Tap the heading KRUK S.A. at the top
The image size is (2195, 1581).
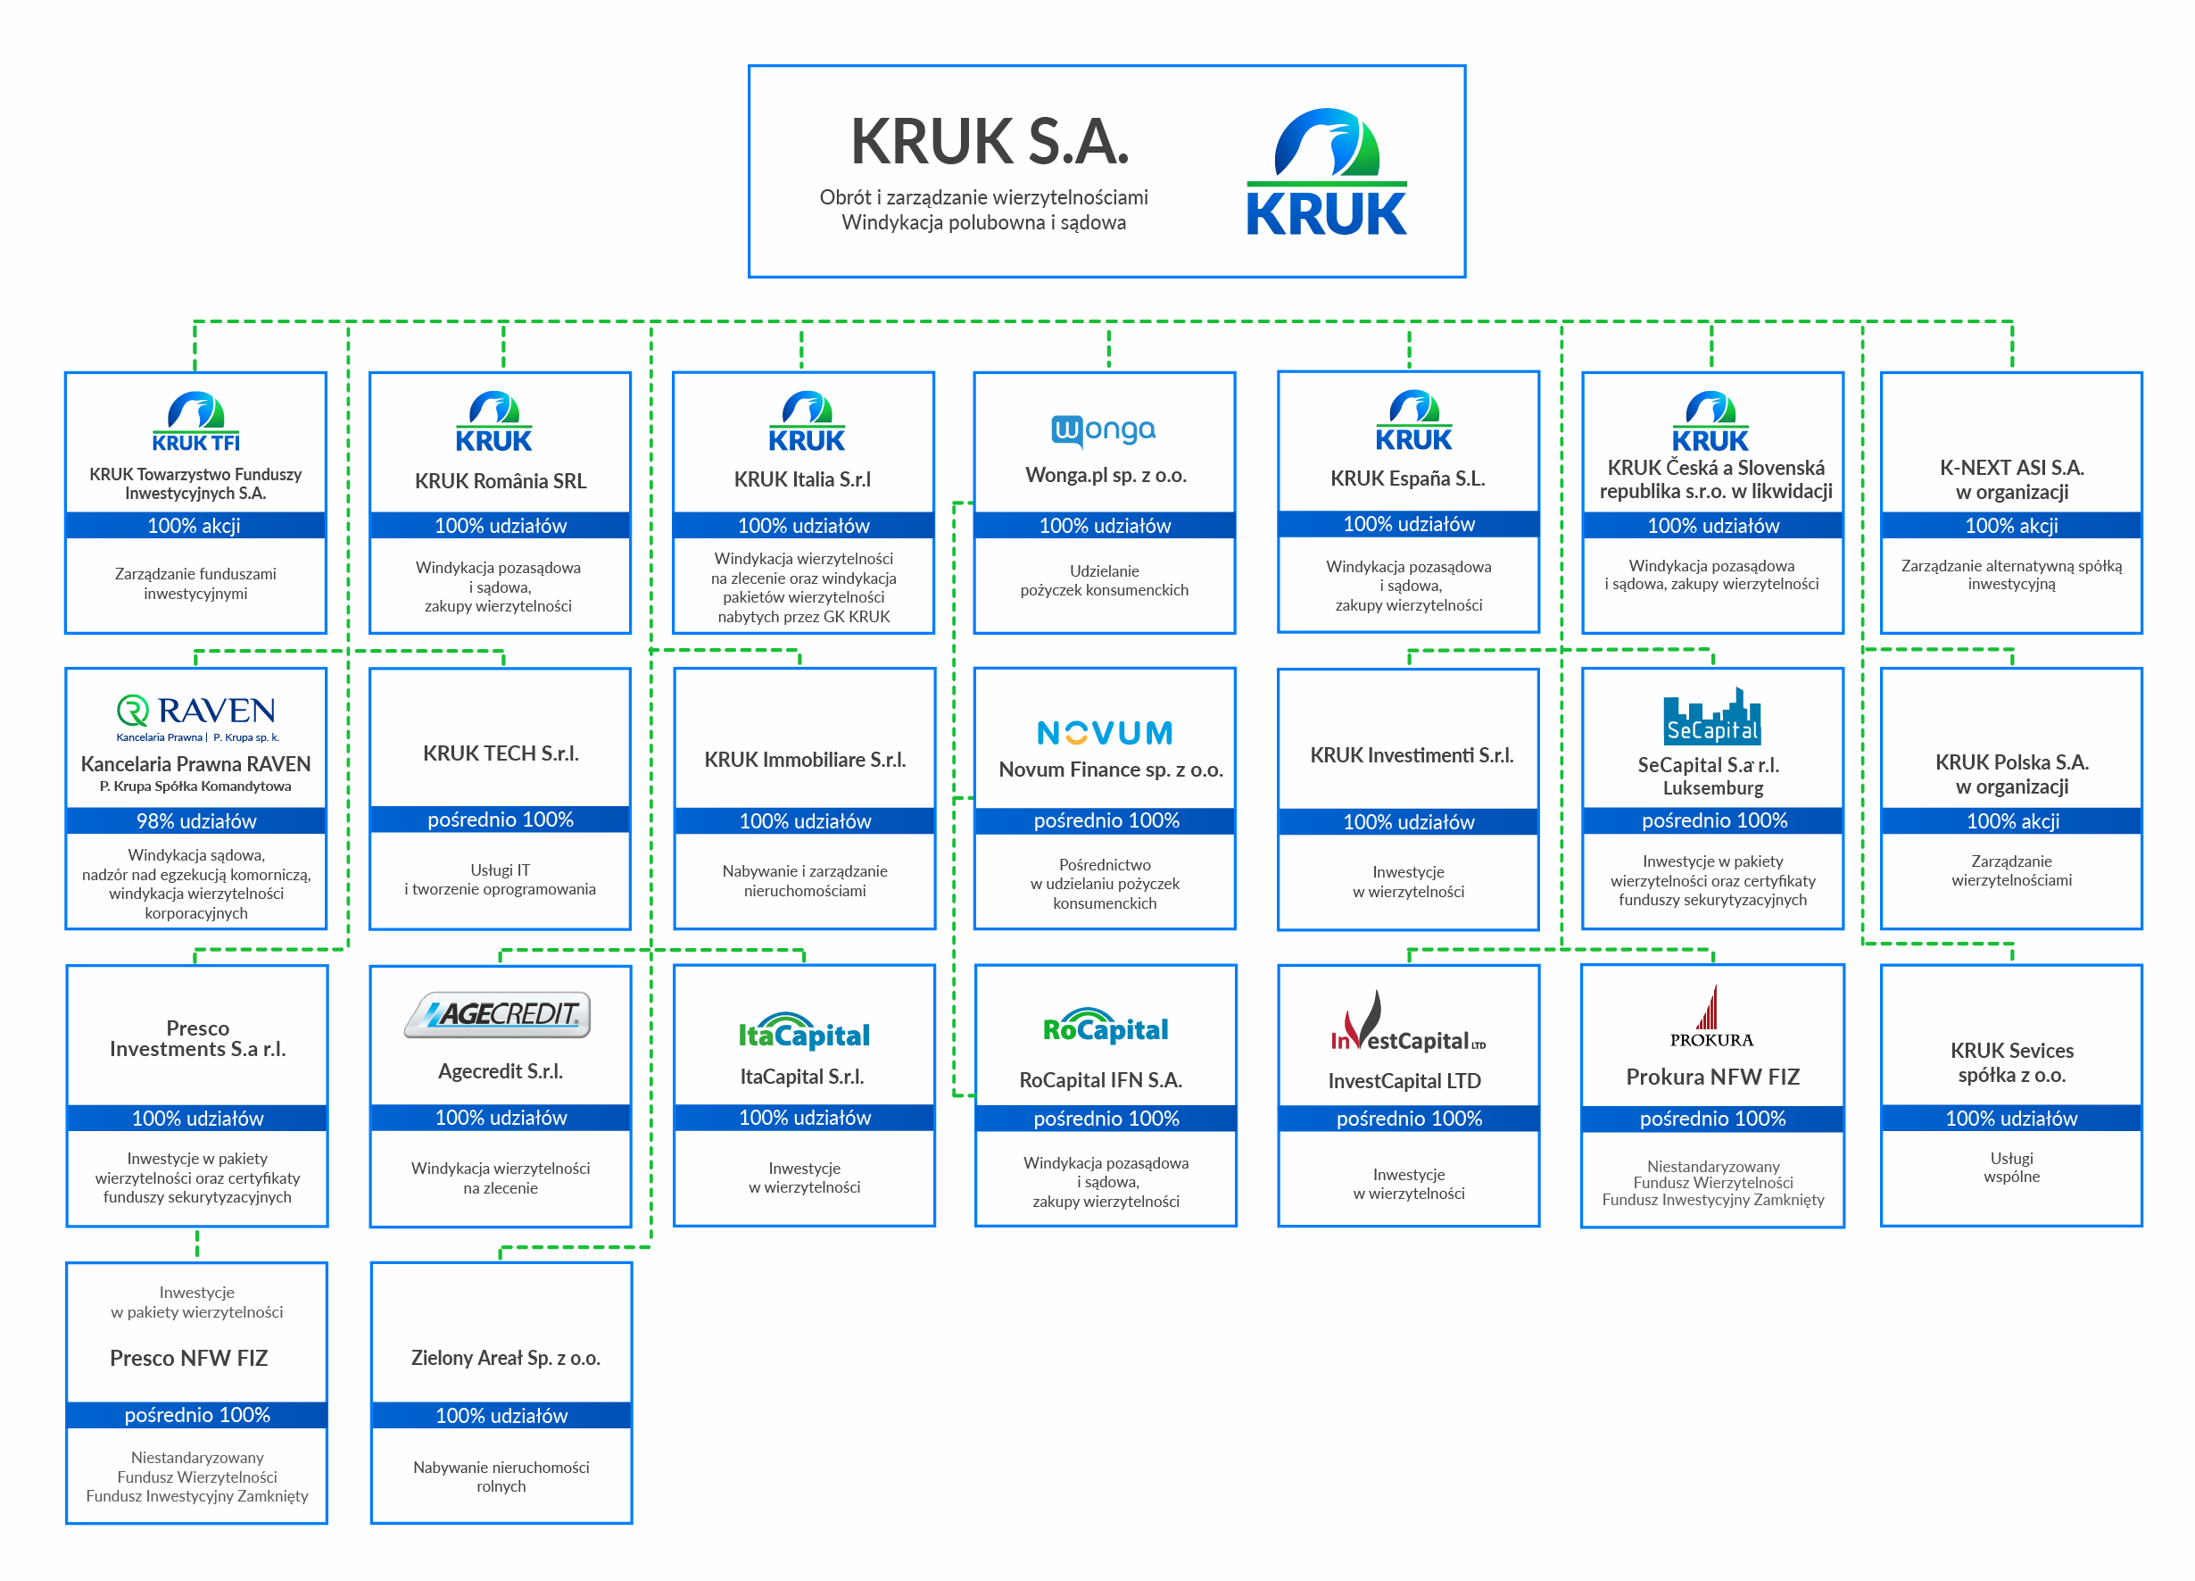(x=990, y=141)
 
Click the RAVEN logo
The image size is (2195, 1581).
(x=196, y=717)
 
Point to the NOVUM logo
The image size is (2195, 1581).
(x=1105, y=733)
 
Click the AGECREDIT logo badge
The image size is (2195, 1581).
(x=498, y=1015)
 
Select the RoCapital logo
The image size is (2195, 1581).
(x=1106, y=1027)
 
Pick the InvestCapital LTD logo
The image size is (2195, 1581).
(x=1407, y=1022)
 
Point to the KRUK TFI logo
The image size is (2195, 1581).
(x=195, y=422)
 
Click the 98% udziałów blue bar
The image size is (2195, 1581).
(x=196, y=821)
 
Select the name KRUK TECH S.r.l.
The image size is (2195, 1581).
(x=501, y=753)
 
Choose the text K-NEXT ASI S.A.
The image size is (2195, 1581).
(x=2011, y=468)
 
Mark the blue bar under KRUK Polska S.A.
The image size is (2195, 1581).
(x=2011, y=821)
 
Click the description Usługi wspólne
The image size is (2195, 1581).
(x=2011, y=1167)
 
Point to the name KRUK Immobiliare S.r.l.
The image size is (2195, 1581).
(x=804, y=760)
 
